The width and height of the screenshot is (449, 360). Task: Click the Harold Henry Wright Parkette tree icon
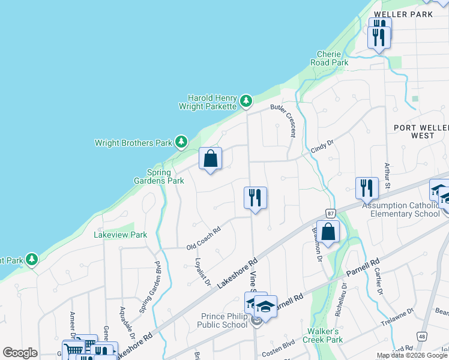tap(246, 101)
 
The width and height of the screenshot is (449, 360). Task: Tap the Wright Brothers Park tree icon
tap(181, 142)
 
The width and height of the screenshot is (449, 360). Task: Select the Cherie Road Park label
tap(329, 58)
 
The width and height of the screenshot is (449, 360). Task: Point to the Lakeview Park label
tap(120, 235)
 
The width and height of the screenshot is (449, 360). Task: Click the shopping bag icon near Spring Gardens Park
tap(211, 159)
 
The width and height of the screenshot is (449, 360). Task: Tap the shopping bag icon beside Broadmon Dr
tap(328, 232)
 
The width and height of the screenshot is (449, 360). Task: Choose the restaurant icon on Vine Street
tap(255, 197)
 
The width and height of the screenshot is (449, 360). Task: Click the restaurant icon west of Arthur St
tap(367, 188)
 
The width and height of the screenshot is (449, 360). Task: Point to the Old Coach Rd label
tap(203, 238)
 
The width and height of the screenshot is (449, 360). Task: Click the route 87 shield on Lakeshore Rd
tap(331, 213)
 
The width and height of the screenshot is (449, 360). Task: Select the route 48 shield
tap(423, 337)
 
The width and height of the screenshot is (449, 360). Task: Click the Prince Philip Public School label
tap(215, 321)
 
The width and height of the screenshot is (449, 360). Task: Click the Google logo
tap(20, 353)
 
